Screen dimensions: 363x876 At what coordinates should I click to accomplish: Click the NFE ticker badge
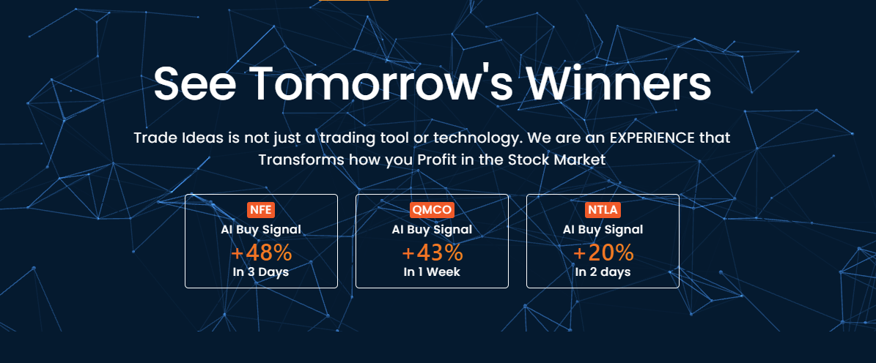pyautogui.click(x=261, y=210)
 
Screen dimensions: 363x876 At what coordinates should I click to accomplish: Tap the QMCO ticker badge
pyautogui.click(x=432, y=210)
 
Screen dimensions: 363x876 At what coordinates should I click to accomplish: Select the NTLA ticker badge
pyautogui.click(x=603, y=210)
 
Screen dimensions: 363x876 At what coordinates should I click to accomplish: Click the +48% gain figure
pyautogui.click(x=261, y=252)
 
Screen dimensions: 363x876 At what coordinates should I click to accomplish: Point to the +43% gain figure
pyautogui.click(x=432, y=252)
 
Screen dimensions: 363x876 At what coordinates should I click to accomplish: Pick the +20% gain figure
pyautogui.click(x=603, y=252)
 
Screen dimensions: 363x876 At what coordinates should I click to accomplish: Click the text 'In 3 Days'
pyautogui.click(x=261, y=272)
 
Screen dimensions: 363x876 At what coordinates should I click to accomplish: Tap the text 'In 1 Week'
pyautogui.click(x=432, y=272)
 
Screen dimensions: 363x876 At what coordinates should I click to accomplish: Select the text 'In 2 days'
pyautogui.click(x=603, y=272)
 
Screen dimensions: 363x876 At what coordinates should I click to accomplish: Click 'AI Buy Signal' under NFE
pyautogui.click(x=261, y=229)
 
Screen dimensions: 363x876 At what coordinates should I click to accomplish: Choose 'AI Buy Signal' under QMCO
pyautogui.click(x=432, y=229)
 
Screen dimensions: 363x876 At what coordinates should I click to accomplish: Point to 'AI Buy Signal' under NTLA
pyautogui.click(x=603, y=229)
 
